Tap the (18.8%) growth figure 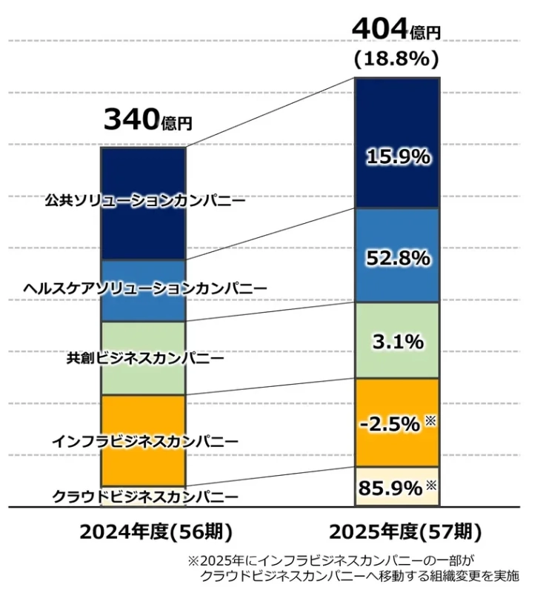pyautogui.click(x=397, y=59)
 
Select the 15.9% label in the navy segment pyautogui.click(x=398, y=157)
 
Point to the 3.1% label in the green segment pyautogui.click(x=398, y=342)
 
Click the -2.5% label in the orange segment pyautogui.click(x=390, y=424)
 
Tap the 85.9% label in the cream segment pyautogui.click(x=390, y=488)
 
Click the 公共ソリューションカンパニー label pyautogui.click(x=144, y=200)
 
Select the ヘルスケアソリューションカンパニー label pyautogui.click(x=144, y=288)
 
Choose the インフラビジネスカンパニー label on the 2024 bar pyautogui.click(x=144, y=442)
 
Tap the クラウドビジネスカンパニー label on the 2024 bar pyautogui.click(x=144, y=496)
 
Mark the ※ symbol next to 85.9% pyautogui.click(x=431, y=486)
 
